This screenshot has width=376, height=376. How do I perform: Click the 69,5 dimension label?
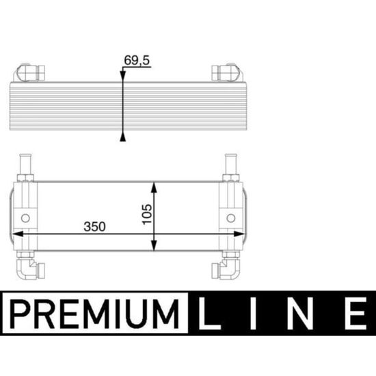click(x=137, y=60)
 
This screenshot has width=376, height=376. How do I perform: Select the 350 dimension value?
click(x=94, y=226)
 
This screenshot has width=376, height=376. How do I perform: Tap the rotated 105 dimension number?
click(x=147, y=214)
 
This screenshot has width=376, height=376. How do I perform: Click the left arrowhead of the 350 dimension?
click(x=18, y=234)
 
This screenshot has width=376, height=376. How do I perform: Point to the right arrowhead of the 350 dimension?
click(x=239, y=234)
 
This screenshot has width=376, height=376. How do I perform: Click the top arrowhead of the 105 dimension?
click(x=154, y=187)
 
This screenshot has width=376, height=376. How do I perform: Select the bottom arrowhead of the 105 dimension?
click(x=154, y=245)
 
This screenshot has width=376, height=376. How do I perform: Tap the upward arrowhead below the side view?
click(x=123, y=138)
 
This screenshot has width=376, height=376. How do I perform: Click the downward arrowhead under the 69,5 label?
click(x=123, y=75)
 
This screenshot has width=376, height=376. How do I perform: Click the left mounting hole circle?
click(x=25, y=218)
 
